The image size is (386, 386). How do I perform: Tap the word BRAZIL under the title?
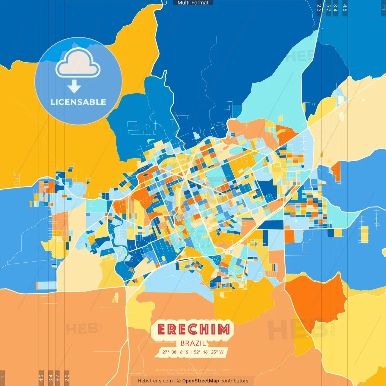(193, 343)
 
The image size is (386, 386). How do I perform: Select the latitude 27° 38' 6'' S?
(175, 352)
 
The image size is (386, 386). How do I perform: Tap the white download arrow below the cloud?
(74, 87)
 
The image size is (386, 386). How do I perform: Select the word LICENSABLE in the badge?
(78, 102)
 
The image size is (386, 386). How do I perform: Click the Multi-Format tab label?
(193, 3)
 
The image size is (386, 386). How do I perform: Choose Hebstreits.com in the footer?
(155, 381)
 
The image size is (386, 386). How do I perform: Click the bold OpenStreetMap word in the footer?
(200, 381)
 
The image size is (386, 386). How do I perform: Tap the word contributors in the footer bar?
(234, 381)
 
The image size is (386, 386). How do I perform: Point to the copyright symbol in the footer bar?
(179, 381)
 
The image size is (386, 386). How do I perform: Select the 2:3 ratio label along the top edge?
(319, 8)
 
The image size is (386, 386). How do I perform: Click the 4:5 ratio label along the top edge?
(345, 8)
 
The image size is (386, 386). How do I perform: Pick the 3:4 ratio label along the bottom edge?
(51, 378)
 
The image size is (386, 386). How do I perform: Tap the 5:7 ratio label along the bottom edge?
(58, 378)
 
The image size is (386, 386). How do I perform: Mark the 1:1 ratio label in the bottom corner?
(3, 378)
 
